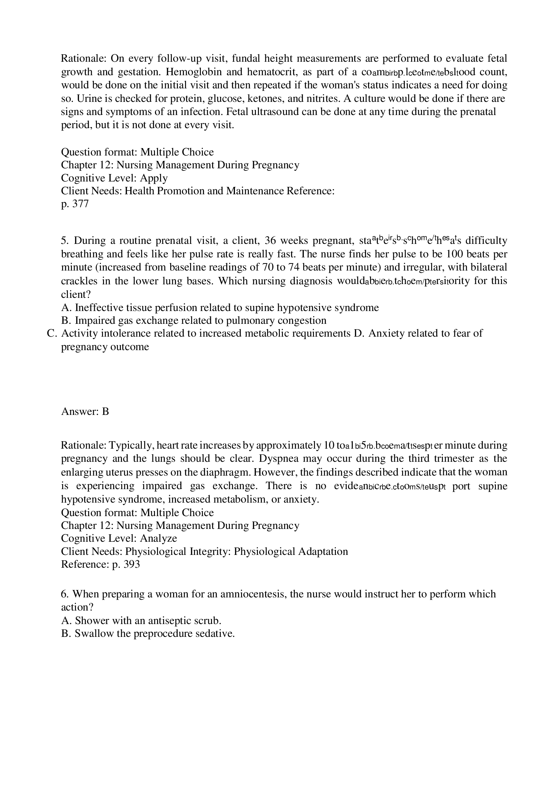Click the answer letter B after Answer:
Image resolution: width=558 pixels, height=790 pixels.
[x=105, y=412]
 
